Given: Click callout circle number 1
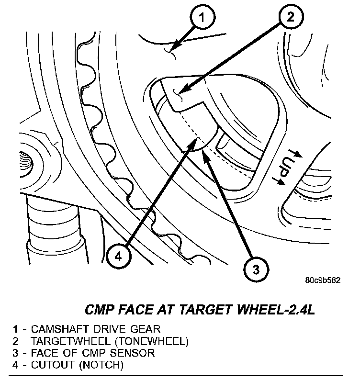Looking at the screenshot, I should click(x=202, y=19).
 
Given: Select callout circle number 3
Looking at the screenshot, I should click(x=255, y=270).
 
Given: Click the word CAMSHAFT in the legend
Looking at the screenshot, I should click(x=54, y=329).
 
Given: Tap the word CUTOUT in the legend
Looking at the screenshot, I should click(x=48, y=366).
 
